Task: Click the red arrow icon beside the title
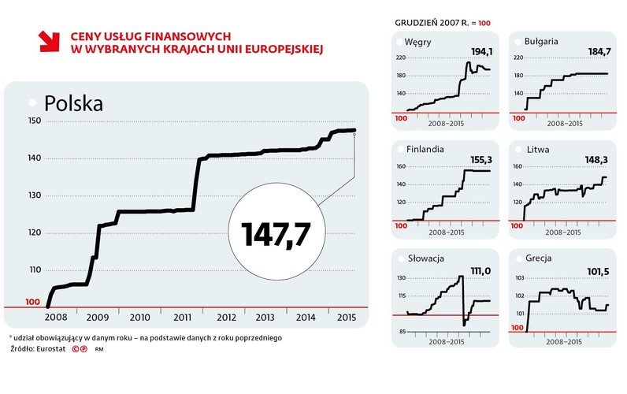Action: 50,42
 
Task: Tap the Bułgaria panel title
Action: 542,41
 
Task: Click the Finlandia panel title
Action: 426,148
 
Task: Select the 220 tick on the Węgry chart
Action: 400,58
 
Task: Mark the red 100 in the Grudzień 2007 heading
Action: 484,24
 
